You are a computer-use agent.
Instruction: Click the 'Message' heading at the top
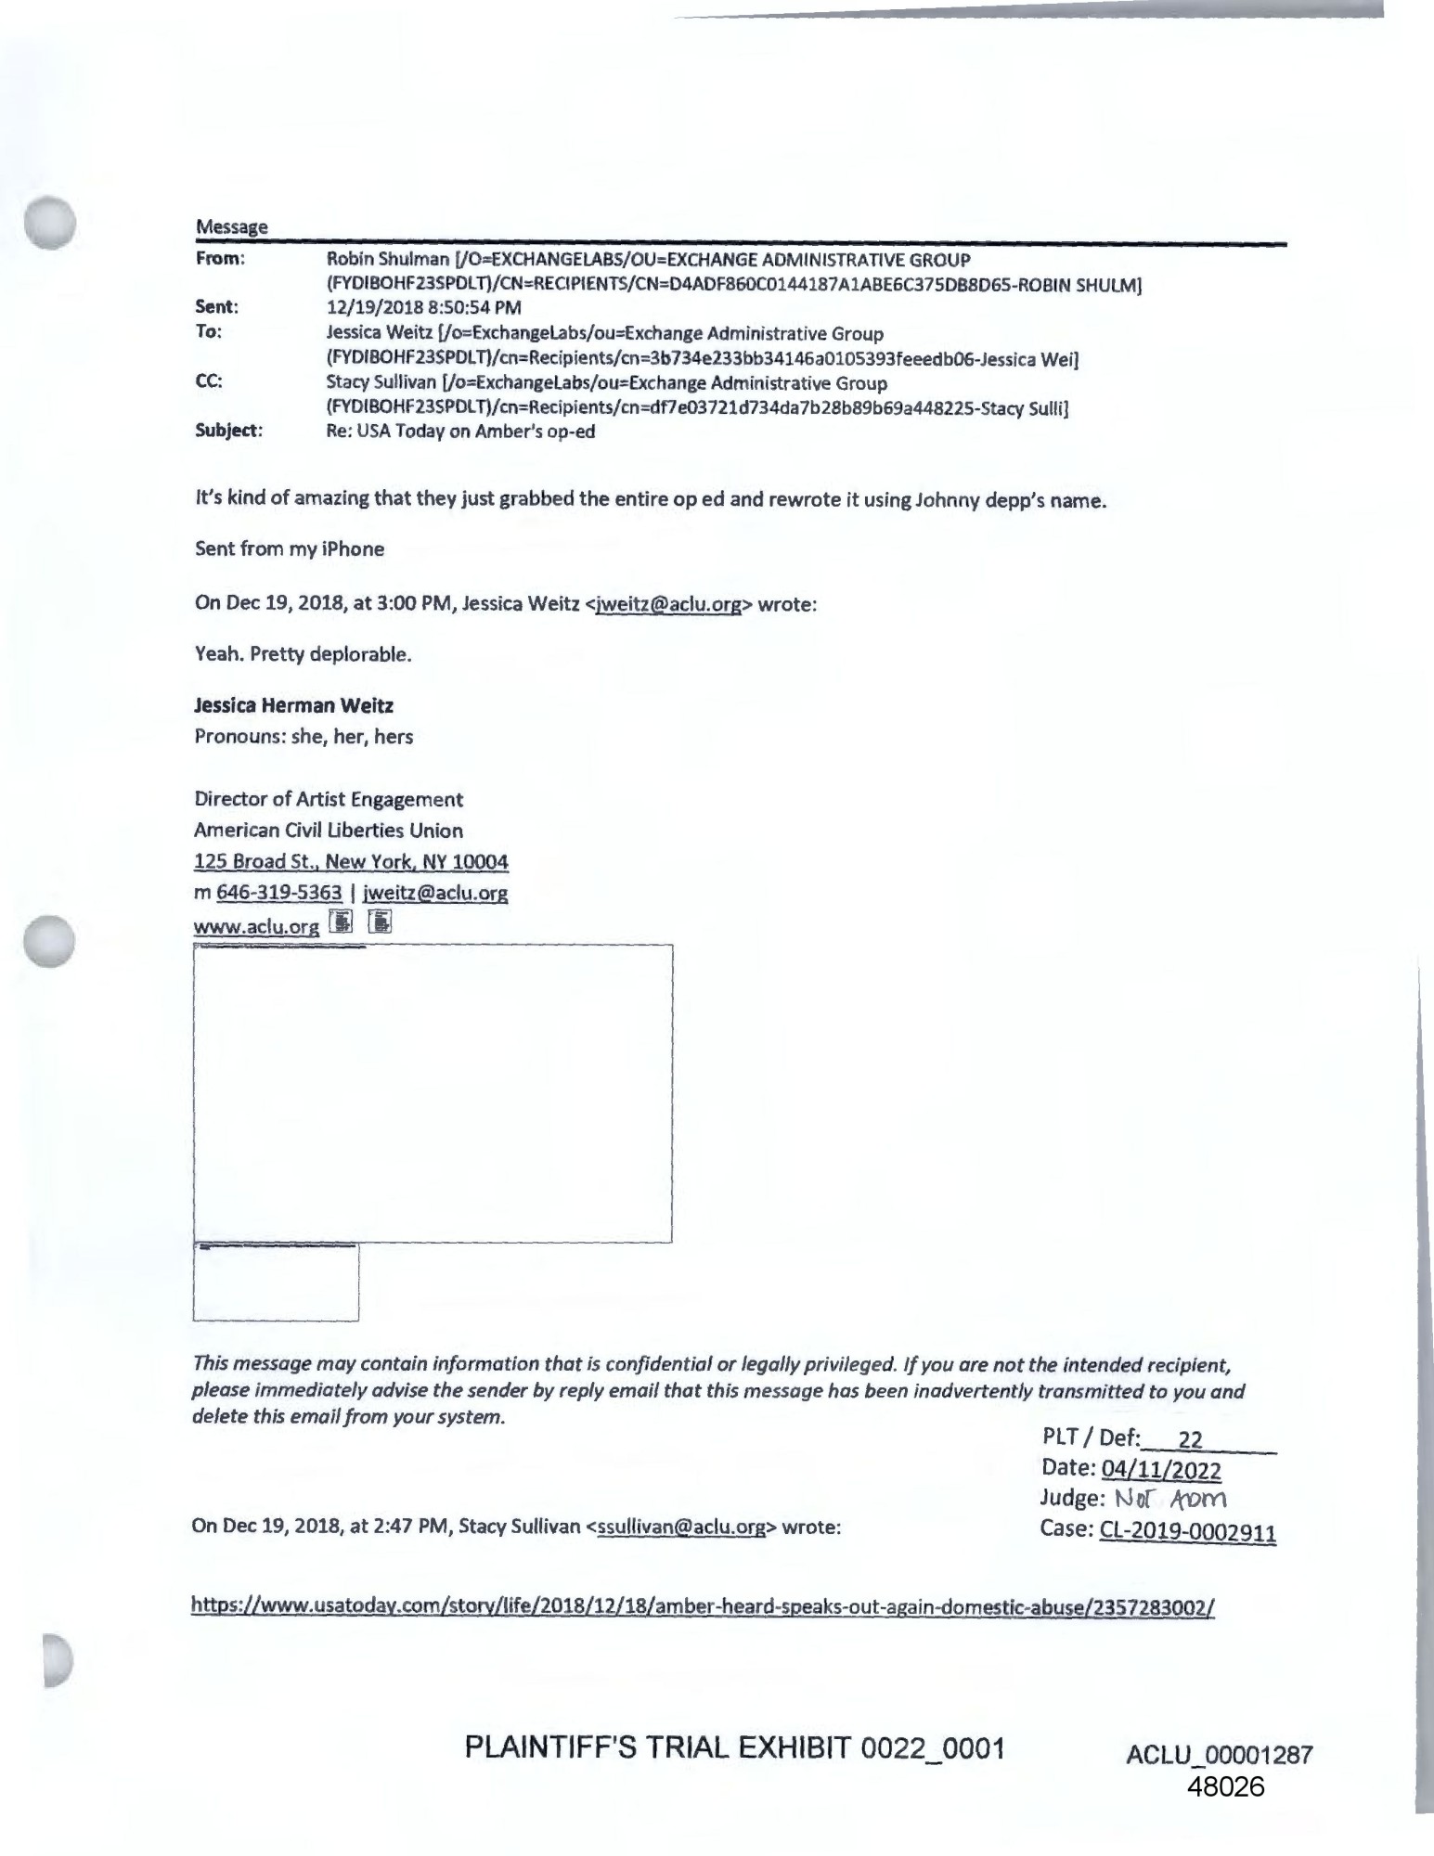coord(231,227)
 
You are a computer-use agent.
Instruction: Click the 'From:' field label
coord(220,259)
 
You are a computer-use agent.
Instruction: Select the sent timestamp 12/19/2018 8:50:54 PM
coord(423,307)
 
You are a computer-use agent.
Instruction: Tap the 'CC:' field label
coord(209,381)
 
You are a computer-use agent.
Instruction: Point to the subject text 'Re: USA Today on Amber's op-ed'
coord(460,432)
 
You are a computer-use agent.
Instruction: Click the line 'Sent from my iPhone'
coord(290,549)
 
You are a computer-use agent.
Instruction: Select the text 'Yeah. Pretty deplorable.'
coord(303,654)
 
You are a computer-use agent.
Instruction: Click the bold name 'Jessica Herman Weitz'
coord(293,706)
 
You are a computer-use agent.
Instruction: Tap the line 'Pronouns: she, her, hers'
coord(304,738)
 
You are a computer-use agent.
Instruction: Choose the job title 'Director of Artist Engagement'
coord(329,800)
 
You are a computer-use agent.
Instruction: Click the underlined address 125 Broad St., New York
coord(351,862)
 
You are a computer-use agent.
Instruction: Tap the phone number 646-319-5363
coord(278,893)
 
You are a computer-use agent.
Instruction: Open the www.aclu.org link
coord(256,926)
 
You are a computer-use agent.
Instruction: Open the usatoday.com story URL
coord(703,1606)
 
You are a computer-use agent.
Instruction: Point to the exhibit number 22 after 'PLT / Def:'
coord(1190,1439)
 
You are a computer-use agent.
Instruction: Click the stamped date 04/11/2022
coord(1160,1470)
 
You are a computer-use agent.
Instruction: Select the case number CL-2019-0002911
coord(1187,1530)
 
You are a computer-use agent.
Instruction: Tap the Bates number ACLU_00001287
coord(1219,1755)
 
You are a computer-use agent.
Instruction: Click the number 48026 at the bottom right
coord(1225,1787)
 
